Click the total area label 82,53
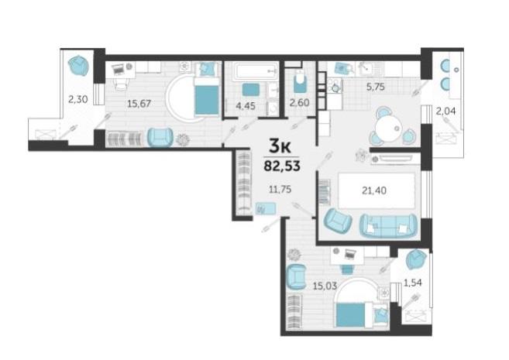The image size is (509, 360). point(282,166)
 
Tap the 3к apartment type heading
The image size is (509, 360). point(280,147)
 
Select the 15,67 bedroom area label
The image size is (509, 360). point(139,104)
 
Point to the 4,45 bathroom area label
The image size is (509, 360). point(246,106)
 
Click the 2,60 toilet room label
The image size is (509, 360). point(299,103)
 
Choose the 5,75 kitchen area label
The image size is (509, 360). point(375,87)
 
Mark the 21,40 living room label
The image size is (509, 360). point(374,190)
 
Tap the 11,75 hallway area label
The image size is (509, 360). point(280,189)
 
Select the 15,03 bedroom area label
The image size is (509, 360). point(325,286)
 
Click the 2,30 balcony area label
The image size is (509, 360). point(78,99)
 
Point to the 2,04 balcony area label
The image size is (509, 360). point(445,111)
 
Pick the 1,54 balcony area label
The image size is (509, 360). point(413,283)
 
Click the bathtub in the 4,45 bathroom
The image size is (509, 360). point(256,70)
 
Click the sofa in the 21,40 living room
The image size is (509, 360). point(388,225)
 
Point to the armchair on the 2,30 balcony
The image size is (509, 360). point(78,66)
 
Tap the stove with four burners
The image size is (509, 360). point(335,86)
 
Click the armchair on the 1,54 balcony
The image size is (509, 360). point(416,259)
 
